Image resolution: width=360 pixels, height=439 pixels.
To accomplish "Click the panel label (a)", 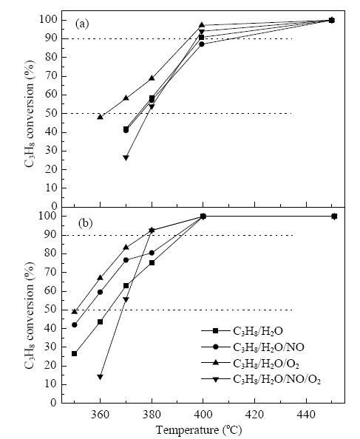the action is coord(82,24).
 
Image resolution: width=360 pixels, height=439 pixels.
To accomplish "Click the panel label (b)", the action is coord(85,223).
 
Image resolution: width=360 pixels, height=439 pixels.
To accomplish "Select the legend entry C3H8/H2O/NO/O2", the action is coord(261,379).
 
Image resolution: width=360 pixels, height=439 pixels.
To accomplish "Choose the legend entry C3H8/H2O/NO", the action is coord(253,347).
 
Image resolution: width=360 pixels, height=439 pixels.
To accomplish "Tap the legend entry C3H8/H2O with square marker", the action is coord(242,331).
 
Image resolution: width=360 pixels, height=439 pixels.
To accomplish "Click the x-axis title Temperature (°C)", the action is coord(198,429).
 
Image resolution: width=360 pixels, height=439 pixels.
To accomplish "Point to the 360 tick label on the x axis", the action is coord(100,415).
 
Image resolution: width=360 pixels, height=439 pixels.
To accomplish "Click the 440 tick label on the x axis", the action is coord(306,415).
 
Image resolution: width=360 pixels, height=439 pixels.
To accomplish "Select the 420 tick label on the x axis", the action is coord(255,415).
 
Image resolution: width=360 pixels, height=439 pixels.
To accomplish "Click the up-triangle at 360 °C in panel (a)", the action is coord(100,117).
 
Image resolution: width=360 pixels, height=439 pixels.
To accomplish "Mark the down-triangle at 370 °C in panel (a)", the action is coord(126,157).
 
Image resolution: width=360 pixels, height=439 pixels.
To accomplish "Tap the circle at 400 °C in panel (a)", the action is coord(202,44).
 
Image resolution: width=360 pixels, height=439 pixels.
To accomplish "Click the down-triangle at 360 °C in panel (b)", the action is coord(100,377).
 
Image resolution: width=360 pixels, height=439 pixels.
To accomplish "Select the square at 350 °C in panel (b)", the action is coord(74,353).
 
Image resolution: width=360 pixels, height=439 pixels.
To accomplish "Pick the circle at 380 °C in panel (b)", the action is coord(152,253).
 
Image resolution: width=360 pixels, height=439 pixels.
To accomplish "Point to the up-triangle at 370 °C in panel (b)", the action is coord(126,247).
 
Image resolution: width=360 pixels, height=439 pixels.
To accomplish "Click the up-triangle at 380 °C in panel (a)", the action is coord(152,78).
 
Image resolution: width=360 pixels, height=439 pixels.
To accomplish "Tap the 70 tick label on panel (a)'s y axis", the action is coord(51,76).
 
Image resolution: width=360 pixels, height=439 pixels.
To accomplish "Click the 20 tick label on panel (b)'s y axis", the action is coord(51,366).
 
